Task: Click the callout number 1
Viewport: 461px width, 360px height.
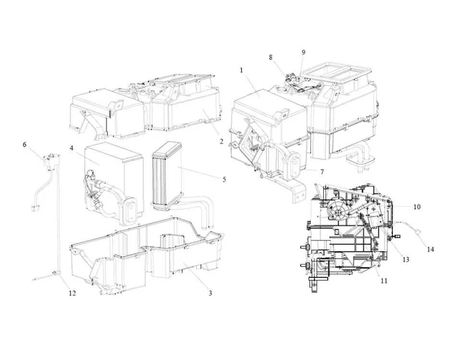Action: click(x=242, y=70)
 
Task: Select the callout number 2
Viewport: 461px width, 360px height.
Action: click(x=221, y=141)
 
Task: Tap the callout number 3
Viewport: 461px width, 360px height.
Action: click(x=210, y=293)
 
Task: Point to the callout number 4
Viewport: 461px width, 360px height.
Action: click(x=72, y=148)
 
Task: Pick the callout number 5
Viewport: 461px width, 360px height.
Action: click(x=224, y=179)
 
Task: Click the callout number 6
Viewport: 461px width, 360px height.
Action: click(x=24, y=144)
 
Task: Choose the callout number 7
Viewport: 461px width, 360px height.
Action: click(x=322, y=171)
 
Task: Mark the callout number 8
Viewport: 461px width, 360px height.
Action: click(x=271, y=57)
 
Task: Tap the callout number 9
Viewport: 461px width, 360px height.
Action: click(x=303, y=52)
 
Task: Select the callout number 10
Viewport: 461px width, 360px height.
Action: click(x=417, y=206)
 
